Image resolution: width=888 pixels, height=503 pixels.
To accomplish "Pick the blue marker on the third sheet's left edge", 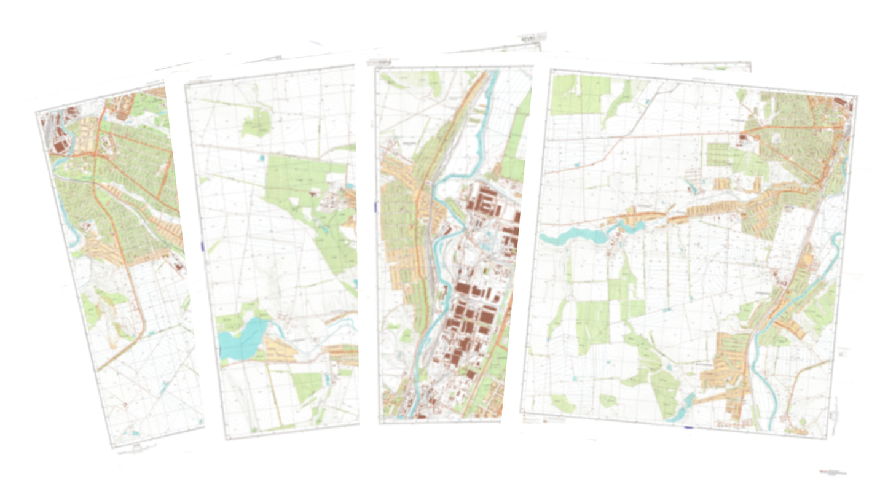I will (374, 208).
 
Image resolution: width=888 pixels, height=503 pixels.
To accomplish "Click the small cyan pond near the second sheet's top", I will (263, 158).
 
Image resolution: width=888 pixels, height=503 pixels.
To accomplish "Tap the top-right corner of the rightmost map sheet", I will (857, 96).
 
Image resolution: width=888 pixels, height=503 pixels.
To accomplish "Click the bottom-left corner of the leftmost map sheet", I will (112, 446).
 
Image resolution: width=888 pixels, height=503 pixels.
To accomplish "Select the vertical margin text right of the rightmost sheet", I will (836, 408).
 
